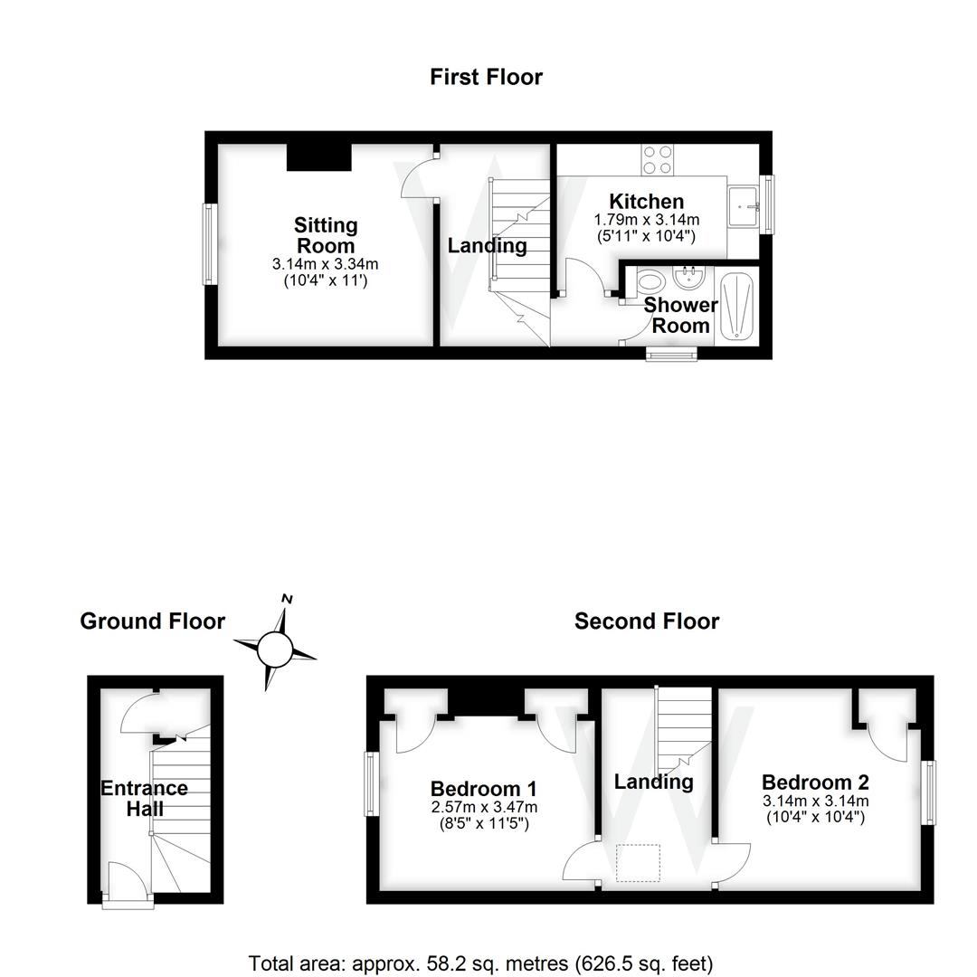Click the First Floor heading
point(486,77)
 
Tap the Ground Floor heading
point(152,621)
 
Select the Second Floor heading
point(647,621)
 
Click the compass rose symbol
point(275,649)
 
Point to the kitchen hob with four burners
point(657,160)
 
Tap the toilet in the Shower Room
point(650,284)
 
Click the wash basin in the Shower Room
point(689,278)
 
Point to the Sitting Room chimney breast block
point(318,157)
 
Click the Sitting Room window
point(209,245)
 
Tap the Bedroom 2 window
point(929,792)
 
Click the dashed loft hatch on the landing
point(639,863)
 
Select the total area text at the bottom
point(480,963)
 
